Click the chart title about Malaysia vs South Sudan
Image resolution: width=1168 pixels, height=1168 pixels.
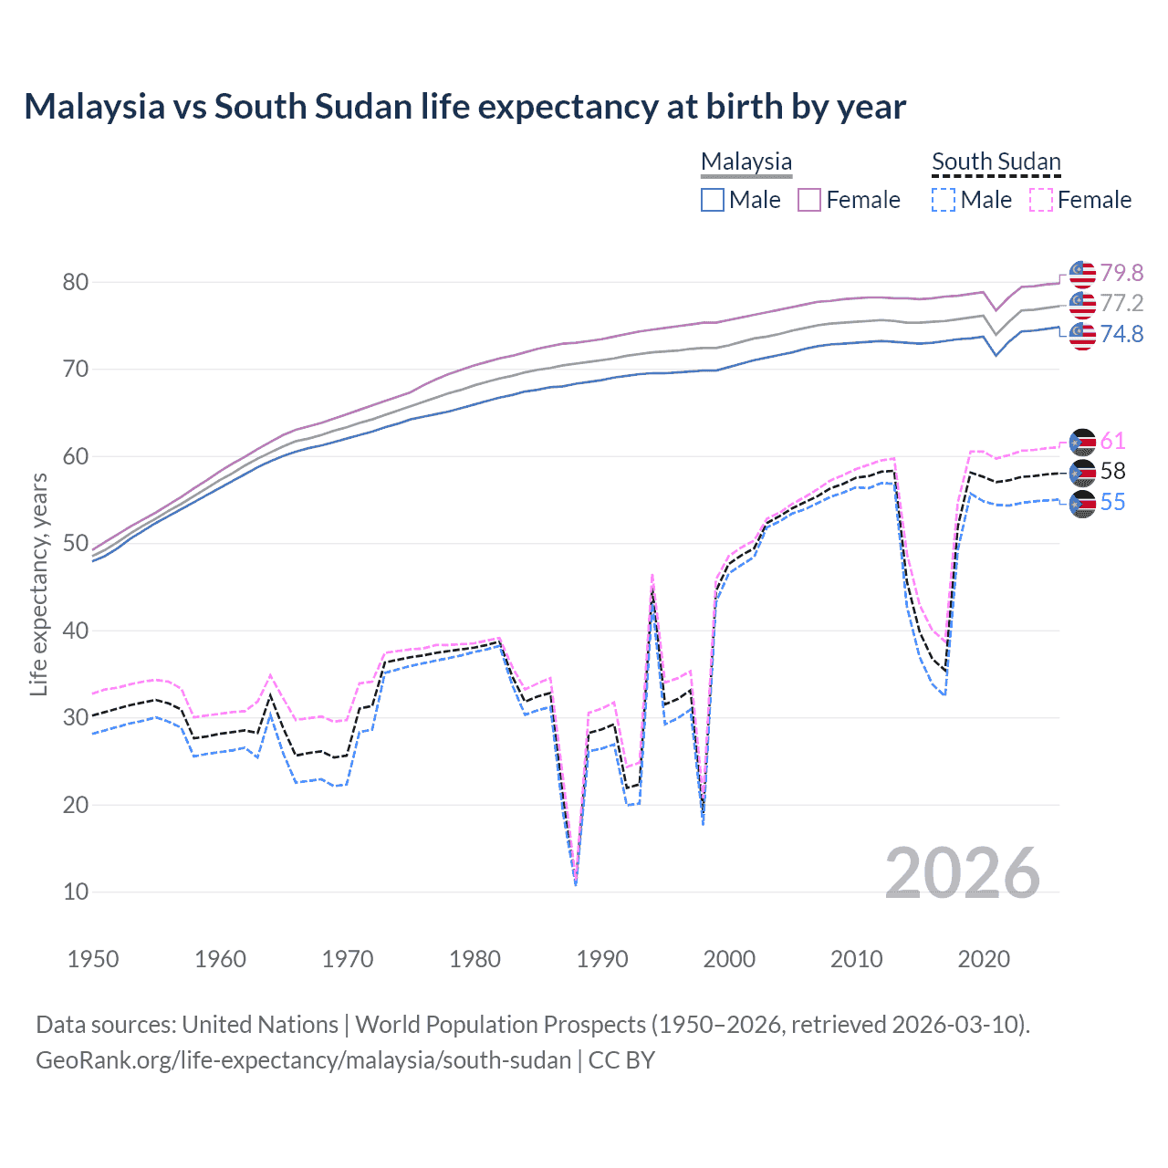point(464,107)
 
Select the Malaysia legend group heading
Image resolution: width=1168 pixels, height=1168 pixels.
point(746,162)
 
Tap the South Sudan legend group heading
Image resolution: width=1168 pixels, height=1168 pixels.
point(996,162)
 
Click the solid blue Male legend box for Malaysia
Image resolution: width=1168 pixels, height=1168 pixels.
point(713,200)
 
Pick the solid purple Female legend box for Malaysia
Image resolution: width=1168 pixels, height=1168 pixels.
point(810,200)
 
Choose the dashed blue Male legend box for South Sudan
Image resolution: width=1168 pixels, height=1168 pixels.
point(944,200)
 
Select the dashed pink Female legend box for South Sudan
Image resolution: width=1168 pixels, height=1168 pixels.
point(1041,200)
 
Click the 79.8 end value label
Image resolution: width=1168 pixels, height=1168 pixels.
point(1121,273)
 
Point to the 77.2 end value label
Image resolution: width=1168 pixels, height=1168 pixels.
point(1121,303)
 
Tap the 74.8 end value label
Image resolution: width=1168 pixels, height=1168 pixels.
point(1121,334)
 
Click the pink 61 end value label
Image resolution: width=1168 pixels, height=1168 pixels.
point(1112,441)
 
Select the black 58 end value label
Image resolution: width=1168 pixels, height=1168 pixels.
point(1112,471)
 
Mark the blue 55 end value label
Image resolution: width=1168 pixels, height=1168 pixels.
point(1112,502)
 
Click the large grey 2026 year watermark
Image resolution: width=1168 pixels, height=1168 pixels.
point(962,873)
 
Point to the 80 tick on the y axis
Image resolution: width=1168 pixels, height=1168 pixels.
point(76,282)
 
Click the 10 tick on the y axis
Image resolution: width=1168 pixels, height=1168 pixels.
point(76,892)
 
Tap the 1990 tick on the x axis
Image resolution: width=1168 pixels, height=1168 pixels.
point(602,959)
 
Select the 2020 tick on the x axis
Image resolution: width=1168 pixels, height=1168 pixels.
point(984,959)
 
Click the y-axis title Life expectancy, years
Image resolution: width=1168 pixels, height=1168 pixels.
point(38,584)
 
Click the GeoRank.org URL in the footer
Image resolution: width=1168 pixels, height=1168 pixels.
point(303,1060)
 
